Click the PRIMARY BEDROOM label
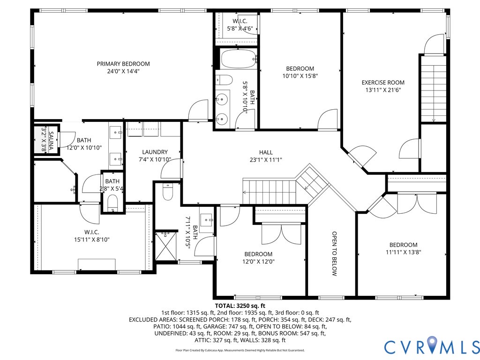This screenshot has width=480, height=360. click(x=123, y=64)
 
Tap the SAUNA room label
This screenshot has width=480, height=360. click(x=51, y=137)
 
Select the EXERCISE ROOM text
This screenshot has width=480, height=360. click(x=382, y=82)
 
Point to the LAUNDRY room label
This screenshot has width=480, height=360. click(x=155, y=152)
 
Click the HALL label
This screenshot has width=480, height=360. click(x=266, y=152)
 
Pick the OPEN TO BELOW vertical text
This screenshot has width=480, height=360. click(x=335, y=253)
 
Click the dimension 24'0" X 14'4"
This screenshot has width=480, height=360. click(x=123, y=71)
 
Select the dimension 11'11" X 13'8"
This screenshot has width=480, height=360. click(x=403, y=252)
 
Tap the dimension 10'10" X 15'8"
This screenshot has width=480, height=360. click(x=300, y=76)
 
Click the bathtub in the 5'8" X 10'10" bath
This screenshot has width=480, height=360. click(x=239, y=60)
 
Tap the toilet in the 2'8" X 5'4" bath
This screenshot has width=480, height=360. click(x=112, y=203)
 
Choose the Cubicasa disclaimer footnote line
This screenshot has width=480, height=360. click(x=240, y=350)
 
